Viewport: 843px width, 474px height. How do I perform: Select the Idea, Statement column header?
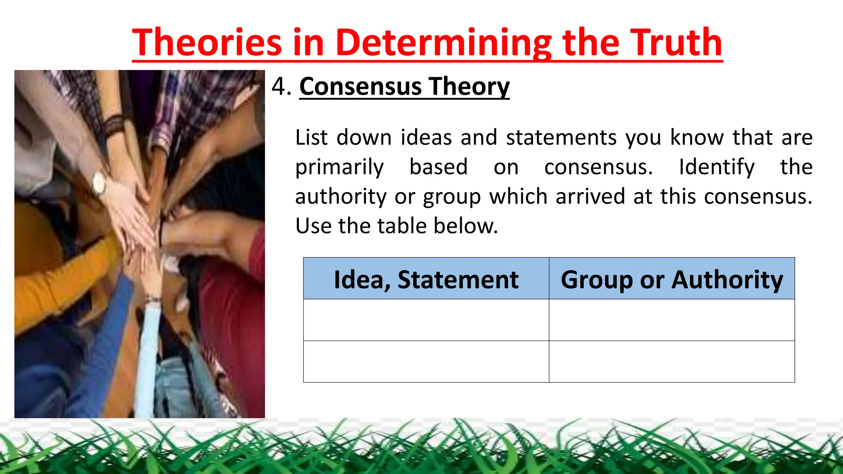point(426,279)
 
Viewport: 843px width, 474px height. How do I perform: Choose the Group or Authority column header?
point(671,279)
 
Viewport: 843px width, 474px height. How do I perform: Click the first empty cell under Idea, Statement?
point(426,320)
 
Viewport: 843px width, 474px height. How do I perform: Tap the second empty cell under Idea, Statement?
point(426,362)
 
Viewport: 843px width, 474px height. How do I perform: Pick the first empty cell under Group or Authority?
point(671,320)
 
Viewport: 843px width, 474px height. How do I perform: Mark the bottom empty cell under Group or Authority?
point(671,362)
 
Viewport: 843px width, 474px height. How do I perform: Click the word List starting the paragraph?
point(312,137)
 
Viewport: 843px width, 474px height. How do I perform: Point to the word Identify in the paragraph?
point(717,167)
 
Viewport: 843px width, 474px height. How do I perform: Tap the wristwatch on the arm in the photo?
point(99,184)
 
